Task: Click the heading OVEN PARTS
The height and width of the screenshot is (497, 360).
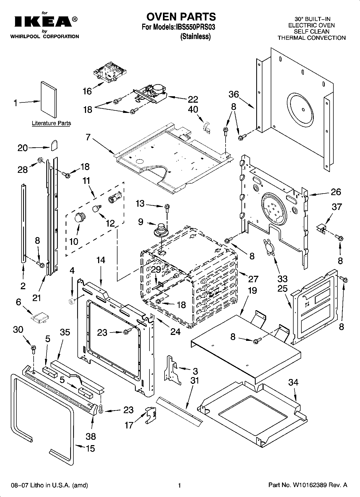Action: coord(181,17)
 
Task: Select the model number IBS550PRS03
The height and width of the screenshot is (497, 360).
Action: coord(195,27)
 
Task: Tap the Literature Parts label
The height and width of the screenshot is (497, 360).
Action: coord(51,123)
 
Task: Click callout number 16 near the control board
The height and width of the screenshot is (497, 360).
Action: coord(87,91)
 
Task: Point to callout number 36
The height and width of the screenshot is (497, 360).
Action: coord(234,94)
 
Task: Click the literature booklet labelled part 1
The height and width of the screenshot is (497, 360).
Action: coord(49,99)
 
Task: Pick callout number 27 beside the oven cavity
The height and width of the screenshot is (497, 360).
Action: coord(253,279)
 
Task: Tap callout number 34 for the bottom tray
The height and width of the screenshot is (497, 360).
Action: coord(293,382)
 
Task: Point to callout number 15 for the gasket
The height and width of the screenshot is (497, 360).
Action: coord(90,449)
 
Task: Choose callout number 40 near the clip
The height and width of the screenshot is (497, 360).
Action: coord(193,109)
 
